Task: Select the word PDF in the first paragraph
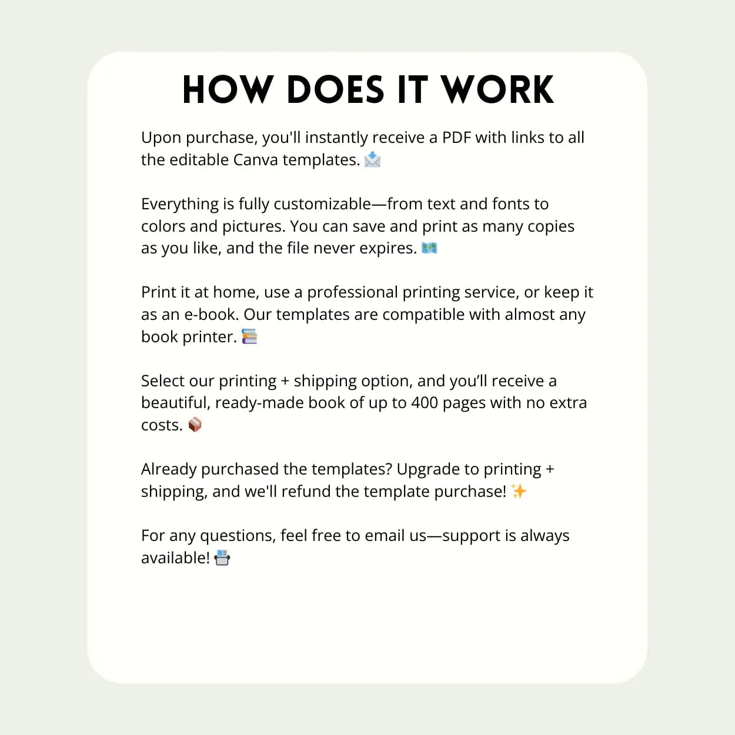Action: (x=456, y=138)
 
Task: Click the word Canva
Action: (x=255, y=160)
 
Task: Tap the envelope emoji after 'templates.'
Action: (x=372, y=159)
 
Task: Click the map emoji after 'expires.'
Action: (x=429, y=248)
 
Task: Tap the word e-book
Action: (x=211, y=315)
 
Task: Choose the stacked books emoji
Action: (x=249, y=337)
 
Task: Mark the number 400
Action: (x=425, y=403)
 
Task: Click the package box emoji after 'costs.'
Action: (x=195, y=425)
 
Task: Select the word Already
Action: (x=169, y=469)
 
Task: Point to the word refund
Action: (x=306, y=492)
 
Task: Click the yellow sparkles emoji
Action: (x=519, y=491)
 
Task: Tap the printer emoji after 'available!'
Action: (x=222, y=557)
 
